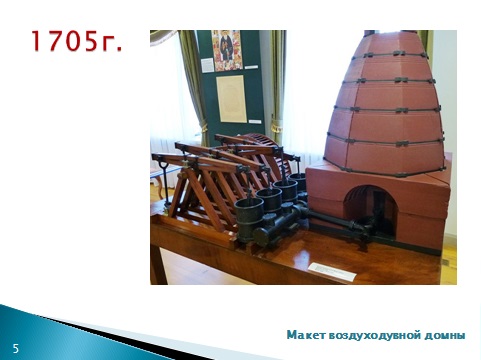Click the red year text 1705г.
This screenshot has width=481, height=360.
(x=77, y=41)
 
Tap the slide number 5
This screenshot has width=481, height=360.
(x=16, y=349)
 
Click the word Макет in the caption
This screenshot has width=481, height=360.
(x=306, y=335)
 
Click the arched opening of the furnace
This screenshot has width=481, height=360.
(x=371, y=211)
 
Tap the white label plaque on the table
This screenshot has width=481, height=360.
(x=332, y=271)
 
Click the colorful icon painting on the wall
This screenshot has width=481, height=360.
(x=227, y=50)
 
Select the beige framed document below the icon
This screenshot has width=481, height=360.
(x=231, y=98)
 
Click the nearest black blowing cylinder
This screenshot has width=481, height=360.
(x=249, y=219)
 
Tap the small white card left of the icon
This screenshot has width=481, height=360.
(x=207, y=65)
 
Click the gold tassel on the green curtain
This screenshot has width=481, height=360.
(x=275, y=125)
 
